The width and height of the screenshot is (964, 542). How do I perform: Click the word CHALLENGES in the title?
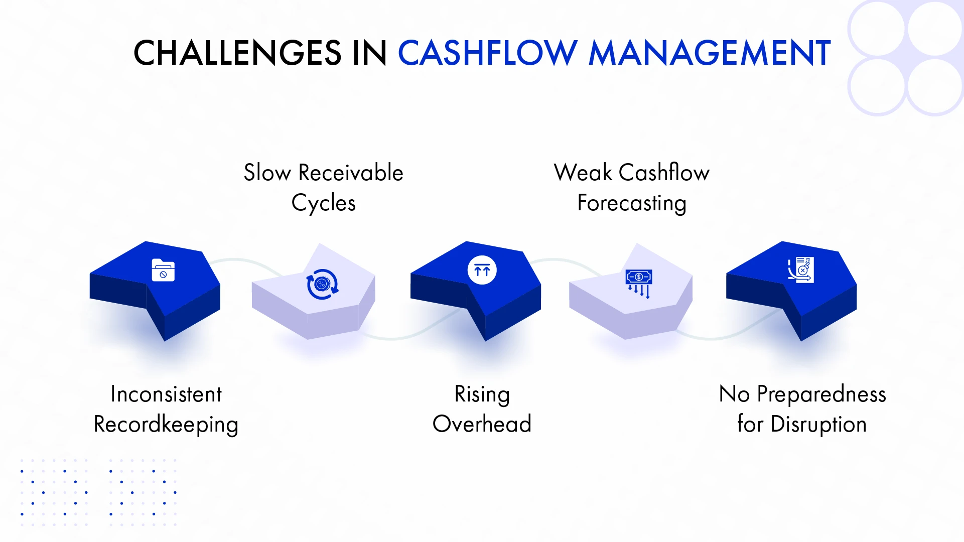[237, 53]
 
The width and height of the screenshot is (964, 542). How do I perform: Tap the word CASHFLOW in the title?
[487, 53]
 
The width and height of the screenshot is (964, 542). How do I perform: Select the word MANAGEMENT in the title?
[709, 53]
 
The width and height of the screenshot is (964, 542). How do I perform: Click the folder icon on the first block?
[163, 270]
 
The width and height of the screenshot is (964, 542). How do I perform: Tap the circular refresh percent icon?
[322, 285]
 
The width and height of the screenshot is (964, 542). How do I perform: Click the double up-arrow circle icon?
[482, 270]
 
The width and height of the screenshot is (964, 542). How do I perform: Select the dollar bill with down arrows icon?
[638, 283]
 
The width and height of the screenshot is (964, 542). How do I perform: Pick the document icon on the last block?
[800, 270]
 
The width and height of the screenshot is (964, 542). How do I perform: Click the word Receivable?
[350, 173]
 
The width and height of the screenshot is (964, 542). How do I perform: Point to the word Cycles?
[323, 203]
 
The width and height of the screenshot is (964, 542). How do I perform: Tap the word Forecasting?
[631, 203]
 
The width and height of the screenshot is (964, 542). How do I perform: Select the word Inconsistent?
[166, 394]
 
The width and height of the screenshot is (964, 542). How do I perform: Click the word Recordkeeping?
[166, 425]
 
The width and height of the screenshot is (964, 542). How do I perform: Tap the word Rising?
[482, 394]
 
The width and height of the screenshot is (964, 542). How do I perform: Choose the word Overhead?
[482, 424]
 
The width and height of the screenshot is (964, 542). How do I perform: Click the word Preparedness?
[821, 394]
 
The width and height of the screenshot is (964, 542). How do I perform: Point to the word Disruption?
[818, 424]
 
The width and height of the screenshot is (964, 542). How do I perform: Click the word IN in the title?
[369, 53]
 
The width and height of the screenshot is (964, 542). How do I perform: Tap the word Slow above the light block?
[267, 173]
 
